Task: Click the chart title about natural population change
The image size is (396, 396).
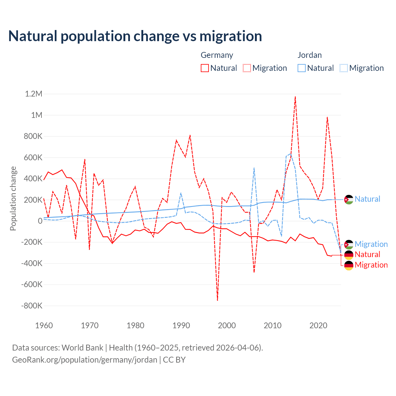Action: click(135, 36)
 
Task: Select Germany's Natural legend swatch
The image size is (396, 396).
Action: click(204, 68)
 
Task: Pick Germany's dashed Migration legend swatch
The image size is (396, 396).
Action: click(247, 68)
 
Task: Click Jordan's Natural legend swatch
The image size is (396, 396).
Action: click(301, 68)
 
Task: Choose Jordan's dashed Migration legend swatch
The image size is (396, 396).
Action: click(344, 68)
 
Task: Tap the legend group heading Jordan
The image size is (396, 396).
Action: click(309, 55)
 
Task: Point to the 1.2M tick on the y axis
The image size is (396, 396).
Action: click(33, 94)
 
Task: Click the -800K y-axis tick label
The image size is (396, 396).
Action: click(32, 306)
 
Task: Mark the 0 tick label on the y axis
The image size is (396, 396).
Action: click(40, 221)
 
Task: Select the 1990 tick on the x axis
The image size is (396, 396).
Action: click(181, 325)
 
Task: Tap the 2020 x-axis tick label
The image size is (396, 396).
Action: click(318, 325)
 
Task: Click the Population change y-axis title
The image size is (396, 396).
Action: click(13, 198)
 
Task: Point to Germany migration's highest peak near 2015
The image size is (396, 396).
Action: click(295, 97)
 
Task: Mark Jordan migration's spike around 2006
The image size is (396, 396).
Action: click(254, 168)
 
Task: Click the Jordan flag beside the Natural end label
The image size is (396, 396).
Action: click(349, 200)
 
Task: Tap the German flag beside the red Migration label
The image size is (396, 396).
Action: click(349, 265)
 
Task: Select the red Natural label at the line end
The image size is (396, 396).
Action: click(367, 254)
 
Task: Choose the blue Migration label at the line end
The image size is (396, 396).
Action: click(371, 244)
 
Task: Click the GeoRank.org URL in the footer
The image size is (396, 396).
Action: click(84, 360)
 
